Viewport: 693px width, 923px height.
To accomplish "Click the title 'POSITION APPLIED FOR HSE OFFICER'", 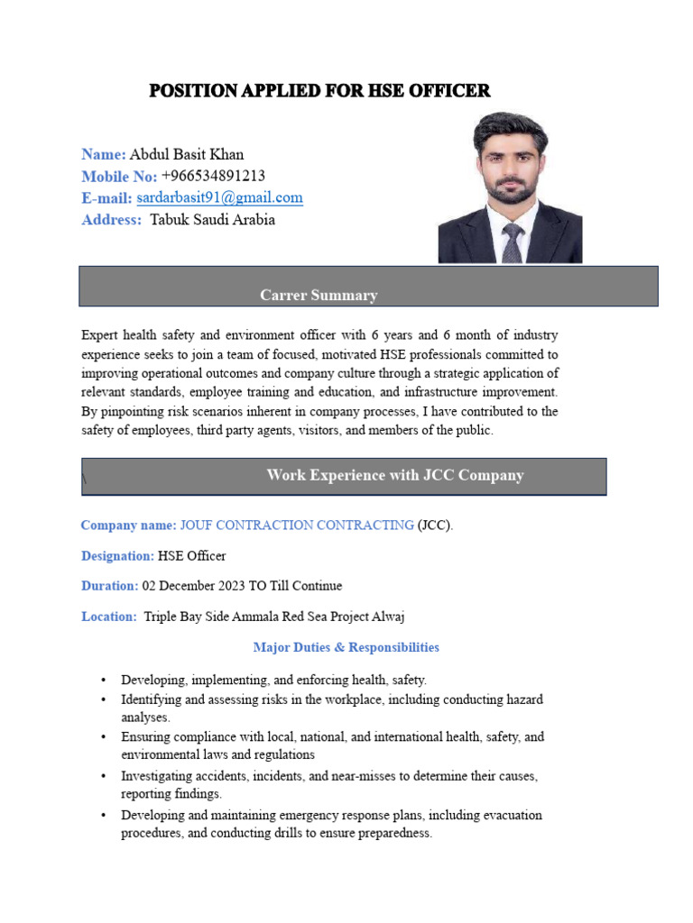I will (x=319, y=91).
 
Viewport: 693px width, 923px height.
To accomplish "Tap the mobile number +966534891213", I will (x=213, y=176).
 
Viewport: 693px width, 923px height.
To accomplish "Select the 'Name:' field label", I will (x=104, y=154).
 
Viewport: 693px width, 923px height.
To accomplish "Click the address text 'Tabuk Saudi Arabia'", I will (x=212, y=219).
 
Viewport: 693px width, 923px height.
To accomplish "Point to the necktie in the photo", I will (x=512, y=242).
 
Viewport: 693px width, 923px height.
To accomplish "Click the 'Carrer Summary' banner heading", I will (x=319, y=295).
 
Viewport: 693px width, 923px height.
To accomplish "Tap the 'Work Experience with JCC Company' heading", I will (x=395, y=475).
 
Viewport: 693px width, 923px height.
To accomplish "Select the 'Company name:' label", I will (x=128, y=525).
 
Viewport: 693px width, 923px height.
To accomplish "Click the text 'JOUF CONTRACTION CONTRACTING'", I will (x=297, y=525).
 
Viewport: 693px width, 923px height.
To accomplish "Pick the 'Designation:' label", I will (x=117, y=555).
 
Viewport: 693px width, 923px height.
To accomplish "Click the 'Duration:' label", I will (x=110, y=586).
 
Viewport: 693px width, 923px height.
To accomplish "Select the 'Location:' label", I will (x=109, y=617).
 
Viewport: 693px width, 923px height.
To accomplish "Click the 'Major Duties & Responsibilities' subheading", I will (x=346, y=647).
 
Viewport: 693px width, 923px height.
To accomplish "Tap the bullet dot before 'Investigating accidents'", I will (x=105, y=775).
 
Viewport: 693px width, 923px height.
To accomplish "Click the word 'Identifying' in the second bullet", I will (x=151, y=699).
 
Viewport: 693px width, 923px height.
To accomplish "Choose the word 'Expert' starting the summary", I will (x=98, y=335).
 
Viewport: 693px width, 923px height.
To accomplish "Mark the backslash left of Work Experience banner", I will (x=84, y=480).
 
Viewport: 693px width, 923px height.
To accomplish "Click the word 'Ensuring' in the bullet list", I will (x=145, y=736).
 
